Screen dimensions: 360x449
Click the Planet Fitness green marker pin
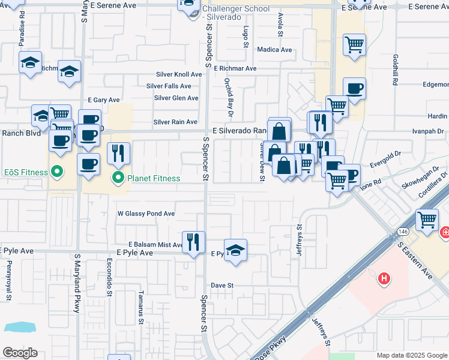(x=118, y=178)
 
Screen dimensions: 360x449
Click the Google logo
(x=20, y=353)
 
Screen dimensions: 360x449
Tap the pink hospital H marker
(x=384, y=278)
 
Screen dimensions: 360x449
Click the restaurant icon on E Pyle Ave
(x=193, y=242)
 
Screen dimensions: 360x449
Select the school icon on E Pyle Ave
(x=235, y=250)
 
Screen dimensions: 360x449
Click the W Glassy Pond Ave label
(x=146, y=214)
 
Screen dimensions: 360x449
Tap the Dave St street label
(x=221, y=286)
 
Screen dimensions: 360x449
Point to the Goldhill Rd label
(x=396, y=70)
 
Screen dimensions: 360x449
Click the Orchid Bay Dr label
(x=229, y=95)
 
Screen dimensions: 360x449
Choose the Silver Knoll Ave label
(x=178, y=74)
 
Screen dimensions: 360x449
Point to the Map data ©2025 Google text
(x=411, y=355)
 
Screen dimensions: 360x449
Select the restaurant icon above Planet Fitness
(x=118, y=154)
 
